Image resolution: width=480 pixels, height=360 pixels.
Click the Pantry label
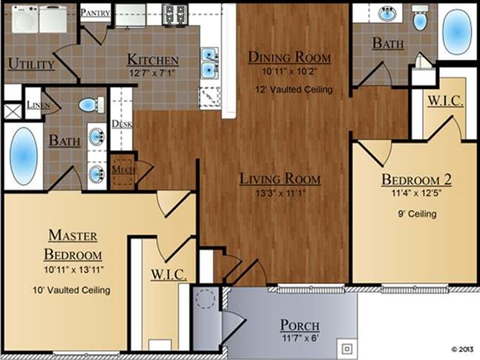95,13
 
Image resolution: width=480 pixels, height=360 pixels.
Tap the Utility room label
30,64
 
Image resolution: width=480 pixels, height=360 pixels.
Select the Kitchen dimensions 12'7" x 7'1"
152,72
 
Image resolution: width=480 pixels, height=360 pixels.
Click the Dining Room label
289,58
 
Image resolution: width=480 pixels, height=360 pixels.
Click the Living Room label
280,179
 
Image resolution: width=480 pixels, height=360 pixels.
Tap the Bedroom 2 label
416,180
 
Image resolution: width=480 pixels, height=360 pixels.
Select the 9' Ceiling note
416,214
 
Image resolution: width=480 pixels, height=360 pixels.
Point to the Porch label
300,326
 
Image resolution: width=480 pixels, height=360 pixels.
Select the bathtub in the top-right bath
457,30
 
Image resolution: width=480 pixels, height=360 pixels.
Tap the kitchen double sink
210,62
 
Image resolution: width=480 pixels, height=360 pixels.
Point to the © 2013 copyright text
461,347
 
